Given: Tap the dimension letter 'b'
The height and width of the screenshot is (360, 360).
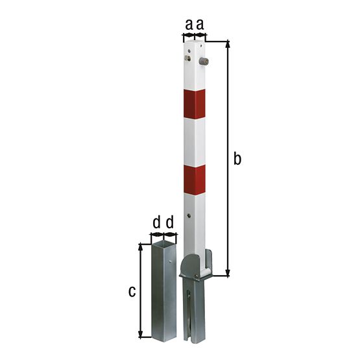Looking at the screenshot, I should [x=237, y=158].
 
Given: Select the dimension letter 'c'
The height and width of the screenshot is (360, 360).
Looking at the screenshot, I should [x=132, y=291].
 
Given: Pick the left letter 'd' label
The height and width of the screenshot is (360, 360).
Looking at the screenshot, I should [x=156, y=223].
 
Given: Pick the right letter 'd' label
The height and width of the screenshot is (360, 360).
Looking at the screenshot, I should [x=169, y=223].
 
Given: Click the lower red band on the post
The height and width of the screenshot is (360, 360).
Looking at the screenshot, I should [x=194, y=180].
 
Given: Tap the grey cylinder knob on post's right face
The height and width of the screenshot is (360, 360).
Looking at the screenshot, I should [x=202, y=62].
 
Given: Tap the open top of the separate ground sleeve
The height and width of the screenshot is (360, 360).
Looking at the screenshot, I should [x=163, y=243].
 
